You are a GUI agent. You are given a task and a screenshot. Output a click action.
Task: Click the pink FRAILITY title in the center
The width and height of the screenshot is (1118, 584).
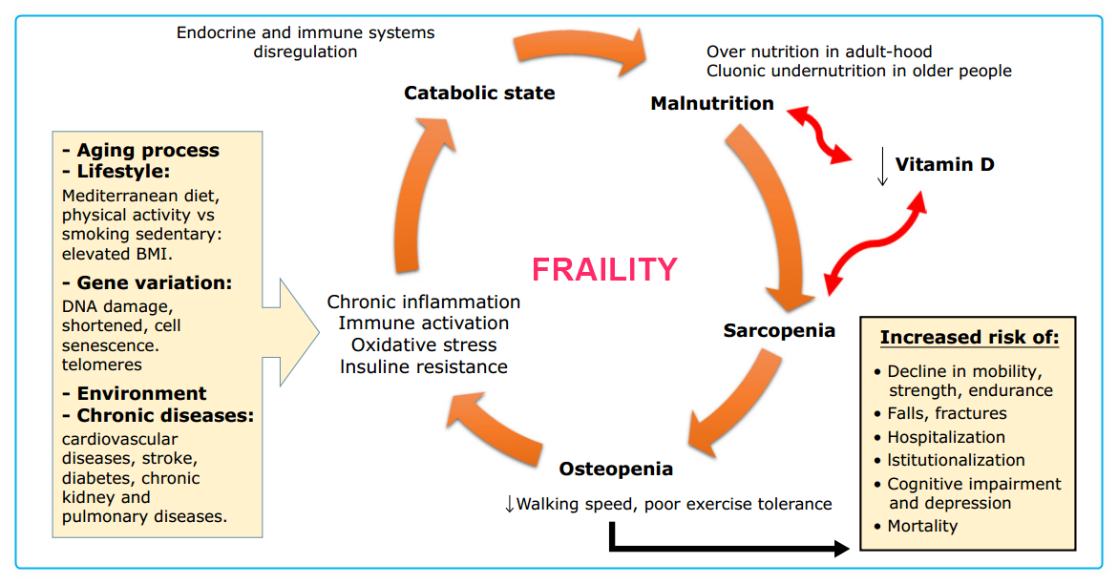[604, 270]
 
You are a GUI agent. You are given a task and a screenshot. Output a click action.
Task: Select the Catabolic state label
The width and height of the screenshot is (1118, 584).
[479, 94]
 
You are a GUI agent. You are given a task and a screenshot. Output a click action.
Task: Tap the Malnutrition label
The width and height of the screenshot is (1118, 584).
[712, 103]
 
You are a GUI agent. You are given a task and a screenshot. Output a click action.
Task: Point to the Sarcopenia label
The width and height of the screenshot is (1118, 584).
[779, 331]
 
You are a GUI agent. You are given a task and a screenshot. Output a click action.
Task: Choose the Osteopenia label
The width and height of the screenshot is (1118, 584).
[616, 469]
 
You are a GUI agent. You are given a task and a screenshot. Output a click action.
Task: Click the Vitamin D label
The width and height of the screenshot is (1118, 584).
[944, 164]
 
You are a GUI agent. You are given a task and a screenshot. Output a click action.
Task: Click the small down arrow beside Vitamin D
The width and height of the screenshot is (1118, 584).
[882, 167]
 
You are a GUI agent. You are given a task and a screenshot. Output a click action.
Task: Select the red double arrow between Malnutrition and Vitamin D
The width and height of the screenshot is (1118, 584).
[819, 135]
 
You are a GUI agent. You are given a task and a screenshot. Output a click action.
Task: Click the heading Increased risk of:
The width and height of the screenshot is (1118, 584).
[969, 338]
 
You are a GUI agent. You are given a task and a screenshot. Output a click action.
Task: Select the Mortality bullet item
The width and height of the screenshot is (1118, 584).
[921, 526]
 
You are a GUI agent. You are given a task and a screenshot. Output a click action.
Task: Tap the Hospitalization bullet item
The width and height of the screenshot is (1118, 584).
[945, 437]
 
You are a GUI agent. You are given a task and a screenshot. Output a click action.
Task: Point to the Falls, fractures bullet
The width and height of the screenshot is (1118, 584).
[946, 413]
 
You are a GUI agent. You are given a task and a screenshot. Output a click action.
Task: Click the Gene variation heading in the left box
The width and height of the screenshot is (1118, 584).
[155, 284]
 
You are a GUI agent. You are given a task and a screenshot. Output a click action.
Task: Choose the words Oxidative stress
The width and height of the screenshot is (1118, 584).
[424, 344]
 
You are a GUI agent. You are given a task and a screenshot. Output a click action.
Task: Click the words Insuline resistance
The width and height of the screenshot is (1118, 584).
[424, 366]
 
